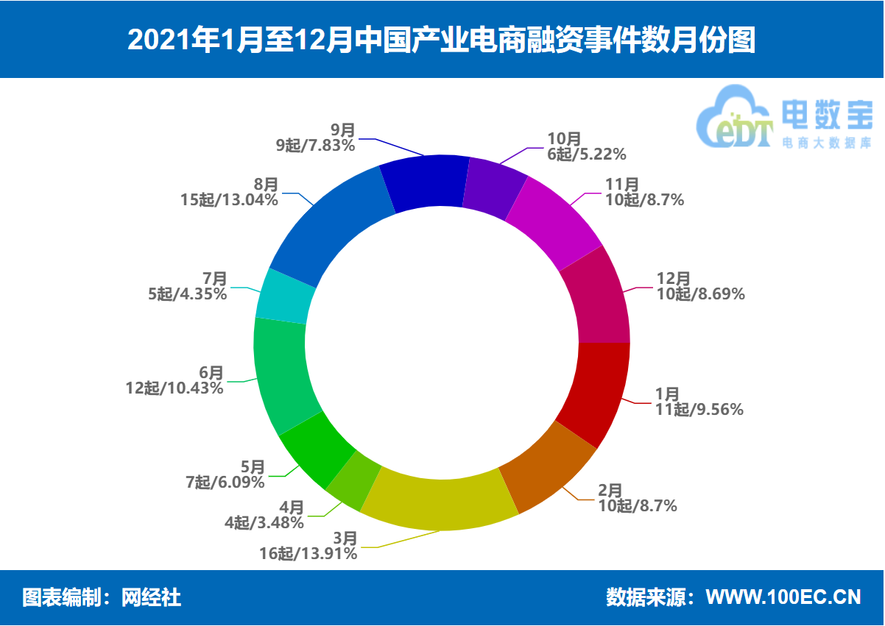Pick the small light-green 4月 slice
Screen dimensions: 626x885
click(x=354, y=481)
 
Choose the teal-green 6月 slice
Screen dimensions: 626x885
click(x=283, y=375)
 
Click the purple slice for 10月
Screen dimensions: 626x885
click(x=494, y=188)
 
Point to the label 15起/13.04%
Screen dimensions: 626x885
click(x=229, y=199)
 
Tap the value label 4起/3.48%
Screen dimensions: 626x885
click(x=264, y=523)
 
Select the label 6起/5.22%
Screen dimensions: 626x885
click(x=587, y=154)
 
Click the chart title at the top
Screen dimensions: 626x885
click(x=442, y=40)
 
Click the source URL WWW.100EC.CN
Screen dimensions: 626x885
click(x=783, y=597)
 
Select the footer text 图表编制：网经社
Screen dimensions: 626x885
click(x=102, y=597)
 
